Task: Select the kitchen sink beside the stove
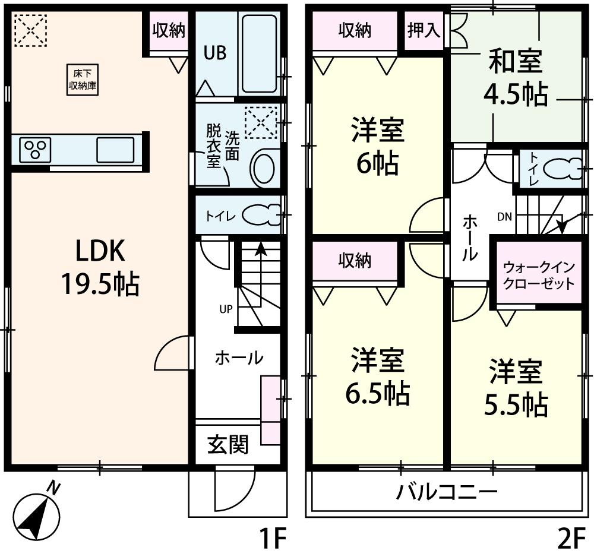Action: [117, 149]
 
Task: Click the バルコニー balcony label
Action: [447, 492]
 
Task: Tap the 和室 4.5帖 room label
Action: [516, 78]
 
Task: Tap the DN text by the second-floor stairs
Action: [504, 217]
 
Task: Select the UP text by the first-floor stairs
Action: [226, 309]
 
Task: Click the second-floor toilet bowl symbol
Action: [562, 169]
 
